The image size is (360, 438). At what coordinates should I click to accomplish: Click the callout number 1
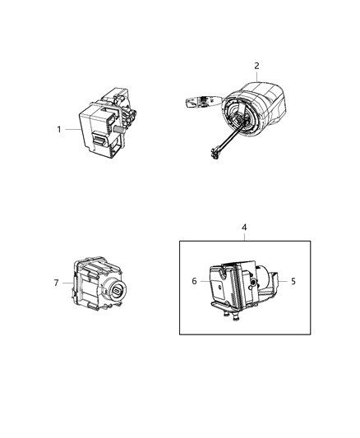point(59,129)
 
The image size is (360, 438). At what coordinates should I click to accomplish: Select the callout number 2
point(256,66)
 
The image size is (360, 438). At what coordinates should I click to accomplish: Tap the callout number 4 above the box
point(243,227)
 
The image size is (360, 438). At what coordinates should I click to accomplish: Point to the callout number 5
point(293,281)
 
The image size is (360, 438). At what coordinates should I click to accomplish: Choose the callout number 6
point(194,281)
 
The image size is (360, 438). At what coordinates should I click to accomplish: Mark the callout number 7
point(56,284)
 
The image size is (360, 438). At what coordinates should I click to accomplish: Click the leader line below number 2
point(256,75)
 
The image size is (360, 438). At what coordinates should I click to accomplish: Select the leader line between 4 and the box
point(243,236)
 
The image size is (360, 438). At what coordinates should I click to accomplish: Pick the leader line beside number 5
point(283,281)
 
